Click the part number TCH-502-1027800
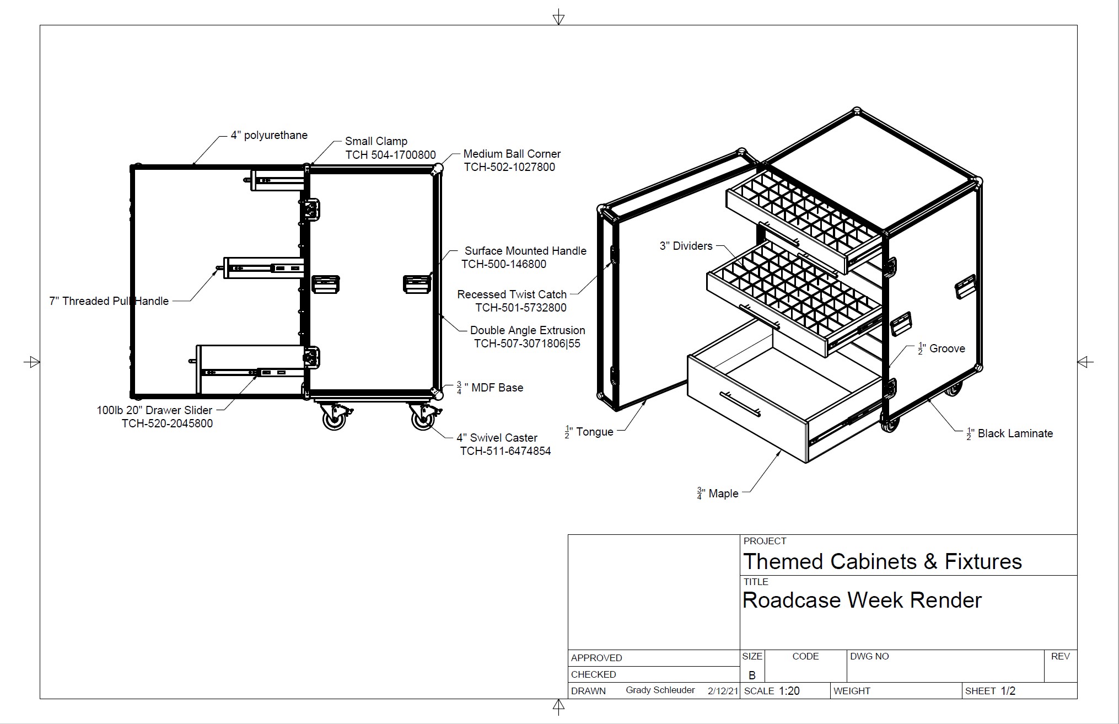coord(509,167)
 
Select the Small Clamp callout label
coord(376,141)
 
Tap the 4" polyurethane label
coord(269,135)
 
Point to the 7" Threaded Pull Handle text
coord(109,301)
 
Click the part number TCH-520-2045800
coord(167,423)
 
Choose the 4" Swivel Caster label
coord(497,438)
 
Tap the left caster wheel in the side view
coord(334,420)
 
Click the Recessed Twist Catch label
coord(512,294)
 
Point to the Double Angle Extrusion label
coord(527,330)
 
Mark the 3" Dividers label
coord(686,246)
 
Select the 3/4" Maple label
coord(717,494)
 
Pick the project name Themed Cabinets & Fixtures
coord(882,561)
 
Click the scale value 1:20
coord(789,691)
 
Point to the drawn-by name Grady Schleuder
coord(660,690)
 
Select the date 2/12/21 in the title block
coord(723,691)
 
